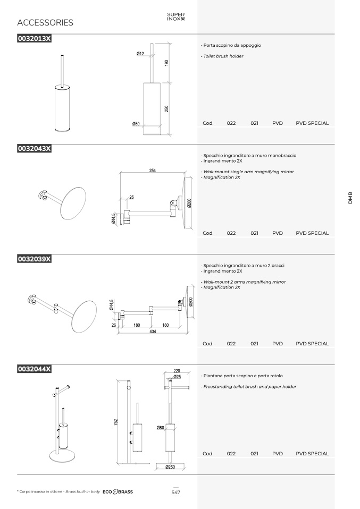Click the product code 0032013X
[35, 39]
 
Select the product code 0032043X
[35, 149]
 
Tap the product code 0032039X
[35, 259]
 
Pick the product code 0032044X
[35, 369]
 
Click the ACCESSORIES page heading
[45, 22]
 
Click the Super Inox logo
[176, 16]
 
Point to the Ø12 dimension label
[140, 54]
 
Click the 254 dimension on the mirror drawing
[153, 170]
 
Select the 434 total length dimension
[153, 332]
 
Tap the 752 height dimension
[116, 422]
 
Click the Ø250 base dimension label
[170, 467]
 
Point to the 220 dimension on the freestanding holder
[177, 371]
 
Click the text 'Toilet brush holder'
[223, 56]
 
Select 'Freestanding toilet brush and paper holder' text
[250, 387]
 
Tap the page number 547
[176, 493]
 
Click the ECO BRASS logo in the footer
[118, 492]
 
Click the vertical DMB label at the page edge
[350, 198]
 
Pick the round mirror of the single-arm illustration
[73, 203]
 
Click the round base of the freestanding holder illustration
[63, 456]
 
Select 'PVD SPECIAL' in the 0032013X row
[312, 123]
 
